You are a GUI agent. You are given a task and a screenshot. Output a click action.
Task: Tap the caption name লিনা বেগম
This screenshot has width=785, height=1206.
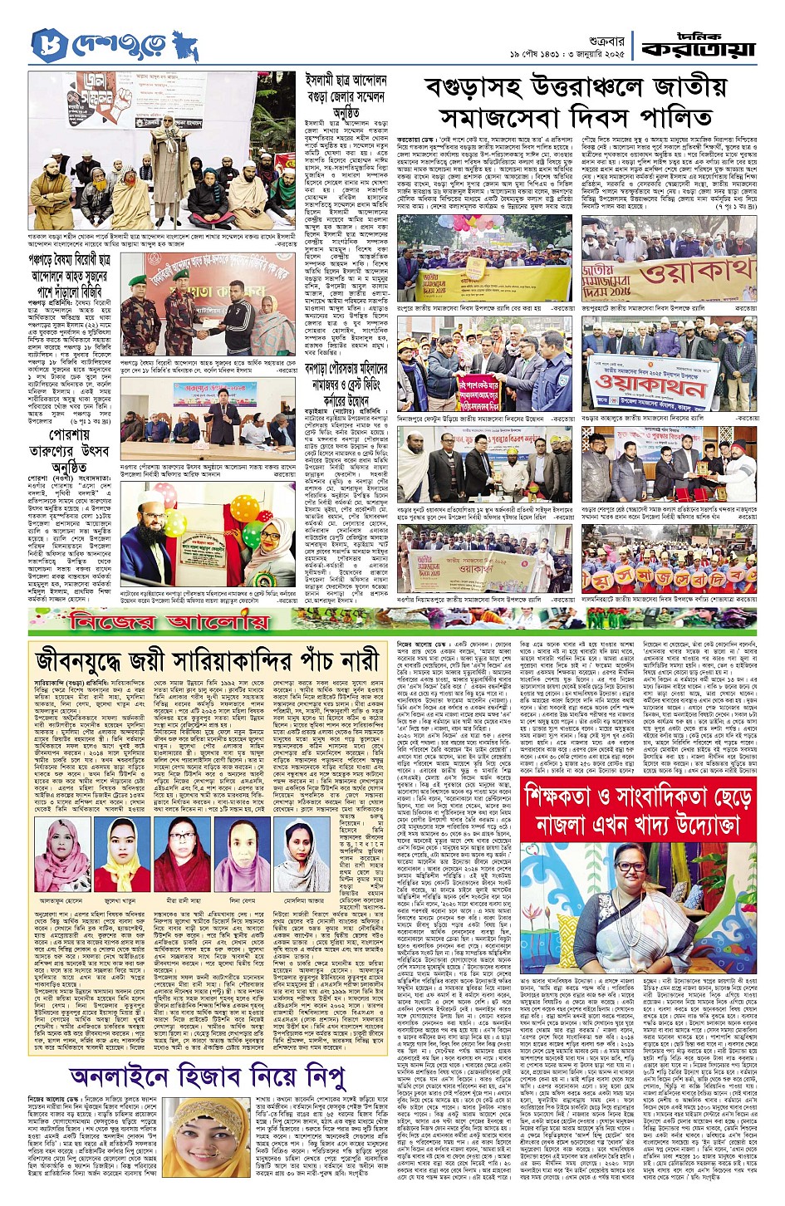click(x=243, y=900)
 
